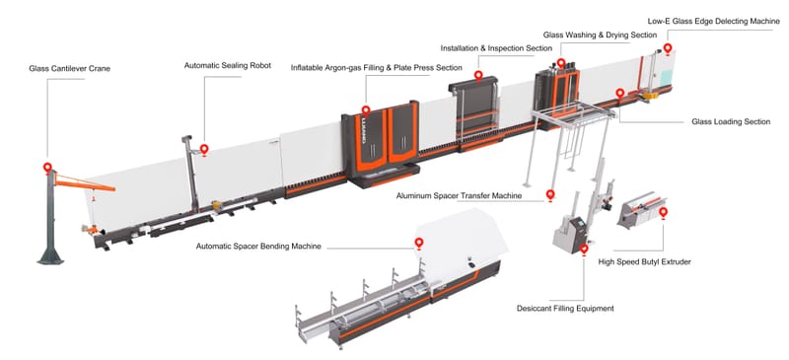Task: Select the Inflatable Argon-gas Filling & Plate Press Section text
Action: click(x=376, y=68)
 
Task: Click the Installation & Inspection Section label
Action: click(x=496, y=47)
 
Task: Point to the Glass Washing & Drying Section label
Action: click(x=600, y=35)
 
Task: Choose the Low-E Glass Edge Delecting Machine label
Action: click(x=706, y=21)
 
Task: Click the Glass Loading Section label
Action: click(x=731, y=122)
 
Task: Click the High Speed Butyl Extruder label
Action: click(x=645, y=262)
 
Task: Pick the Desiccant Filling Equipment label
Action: click(x=565, y=308)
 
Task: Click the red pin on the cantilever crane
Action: click(x=46, y=166)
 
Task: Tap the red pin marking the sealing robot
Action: click(x=204, y=149)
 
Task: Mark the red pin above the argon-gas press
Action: click(x=366, y=111)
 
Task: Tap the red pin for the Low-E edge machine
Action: click(x=668, y=46)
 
